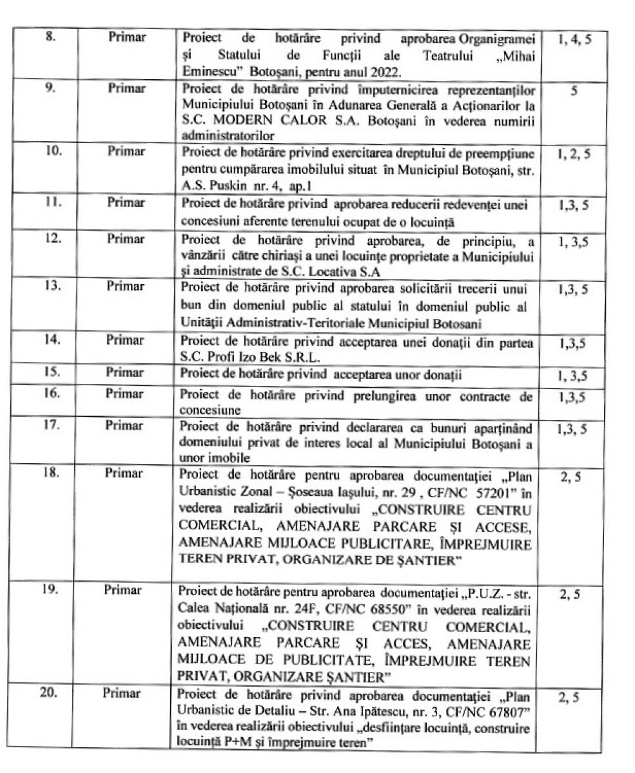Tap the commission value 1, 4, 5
572,39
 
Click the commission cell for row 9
572,92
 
